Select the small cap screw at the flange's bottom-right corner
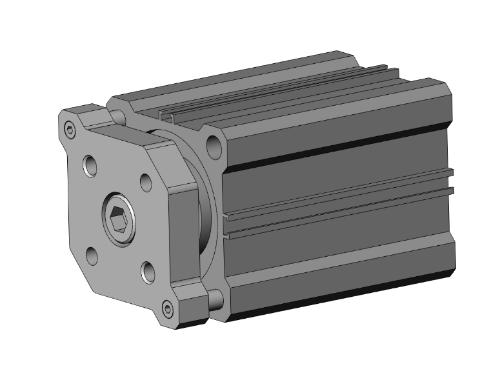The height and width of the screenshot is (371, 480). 168,310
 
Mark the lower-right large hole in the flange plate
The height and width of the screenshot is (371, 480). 148,272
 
